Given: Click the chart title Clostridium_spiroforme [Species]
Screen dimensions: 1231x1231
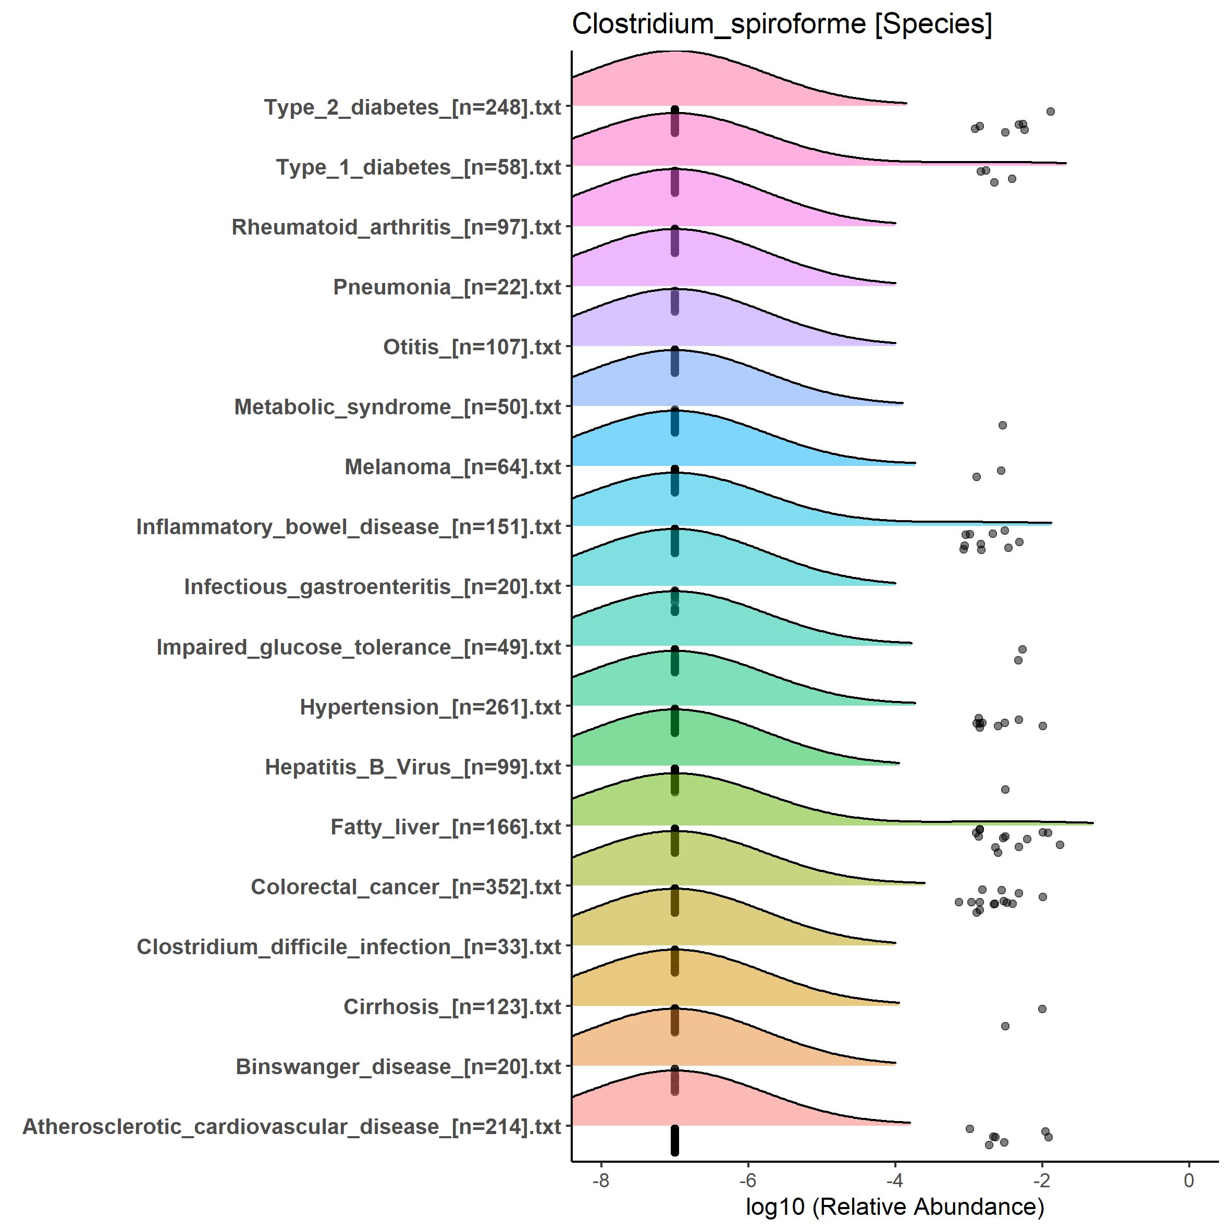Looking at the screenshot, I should (782, 25).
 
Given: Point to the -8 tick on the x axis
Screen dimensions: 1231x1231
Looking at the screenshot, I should (601, 1180).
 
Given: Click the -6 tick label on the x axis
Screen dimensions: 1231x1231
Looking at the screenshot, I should (747, 1180).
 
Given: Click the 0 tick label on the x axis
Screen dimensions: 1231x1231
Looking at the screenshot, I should (1188, 1180).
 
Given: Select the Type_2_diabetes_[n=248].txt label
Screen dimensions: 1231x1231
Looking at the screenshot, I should (412, 107).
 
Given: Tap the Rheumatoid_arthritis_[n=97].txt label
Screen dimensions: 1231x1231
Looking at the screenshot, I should (396, 227).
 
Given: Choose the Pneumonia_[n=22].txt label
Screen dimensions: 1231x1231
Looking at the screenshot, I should (447, 287).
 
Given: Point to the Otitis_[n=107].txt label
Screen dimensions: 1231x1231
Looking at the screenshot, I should (472, 347).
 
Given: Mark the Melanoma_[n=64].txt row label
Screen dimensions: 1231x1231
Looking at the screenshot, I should (452, 466).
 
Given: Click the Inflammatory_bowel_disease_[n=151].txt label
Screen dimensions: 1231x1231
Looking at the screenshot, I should (348, 526).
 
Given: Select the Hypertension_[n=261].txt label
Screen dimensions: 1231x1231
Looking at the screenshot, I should (430, 707).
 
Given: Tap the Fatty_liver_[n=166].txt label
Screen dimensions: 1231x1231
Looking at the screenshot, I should (446, 827).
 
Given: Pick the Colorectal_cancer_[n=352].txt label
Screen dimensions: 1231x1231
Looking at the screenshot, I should (405, 887).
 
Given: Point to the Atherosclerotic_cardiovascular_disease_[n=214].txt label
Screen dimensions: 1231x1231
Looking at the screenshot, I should (292, 1126).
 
